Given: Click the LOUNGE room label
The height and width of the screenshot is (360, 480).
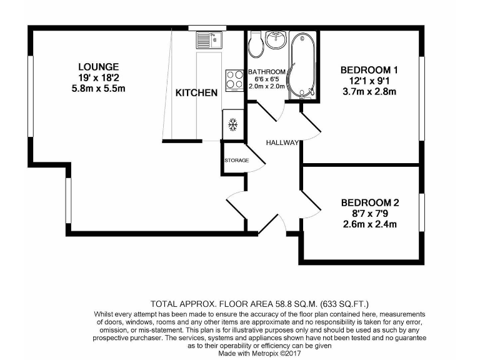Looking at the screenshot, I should click(x=98, y=67).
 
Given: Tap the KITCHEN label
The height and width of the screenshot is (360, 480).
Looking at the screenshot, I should click(x=196, y=93).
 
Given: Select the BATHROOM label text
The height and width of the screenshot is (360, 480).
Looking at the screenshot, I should click(x=267, y=72).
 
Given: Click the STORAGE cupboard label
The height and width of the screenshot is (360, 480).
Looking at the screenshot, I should click(x=237, y=161).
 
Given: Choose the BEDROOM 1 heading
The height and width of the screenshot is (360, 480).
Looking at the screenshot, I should click(x=369, y=69).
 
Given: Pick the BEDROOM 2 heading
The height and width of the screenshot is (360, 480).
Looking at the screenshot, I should click(x=370, y=202).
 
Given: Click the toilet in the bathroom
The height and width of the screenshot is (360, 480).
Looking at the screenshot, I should click(x=256, y=43).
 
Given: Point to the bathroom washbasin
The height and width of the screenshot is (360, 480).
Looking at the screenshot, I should click(x=276, y=41).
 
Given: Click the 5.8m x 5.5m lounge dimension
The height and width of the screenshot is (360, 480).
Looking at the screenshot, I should click(x=98, y=89).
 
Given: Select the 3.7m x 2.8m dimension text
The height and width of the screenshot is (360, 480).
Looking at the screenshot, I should click(x=369, y=92).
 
